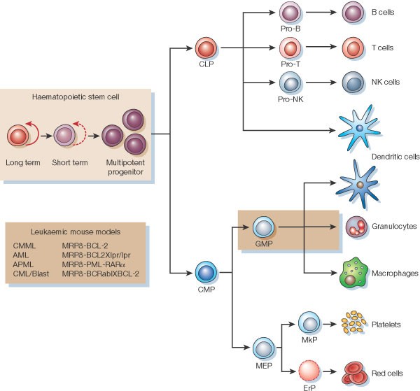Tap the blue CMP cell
point(205,271)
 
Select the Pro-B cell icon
point(290,12)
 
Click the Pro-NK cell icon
point(290,83)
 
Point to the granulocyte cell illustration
point(358,227)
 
